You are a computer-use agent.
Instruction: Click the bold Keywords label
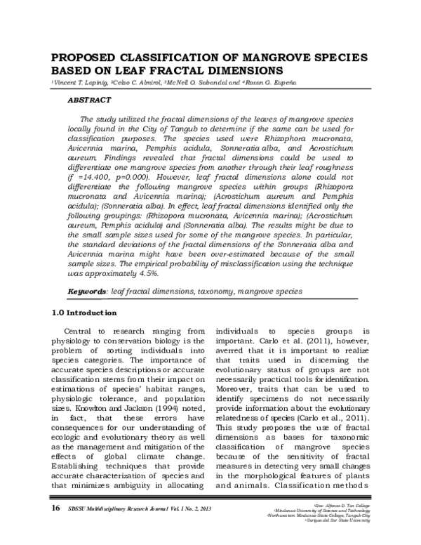[86, 290]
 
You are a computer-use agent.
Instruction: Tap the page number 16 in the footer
[56, 526]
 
